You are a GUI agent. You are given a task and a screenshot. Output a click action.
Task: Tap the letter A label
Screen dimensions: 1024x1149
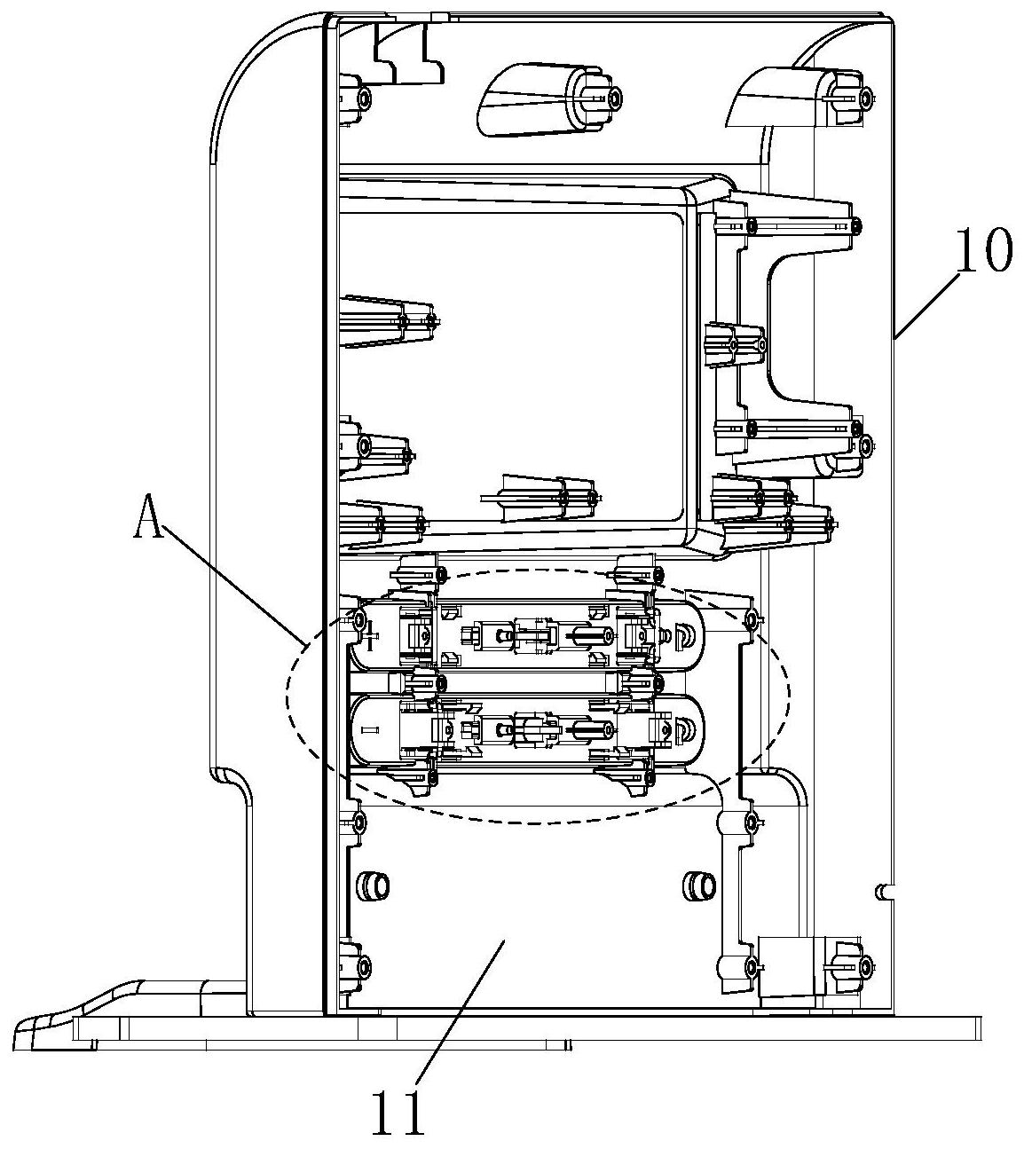pos(148,515)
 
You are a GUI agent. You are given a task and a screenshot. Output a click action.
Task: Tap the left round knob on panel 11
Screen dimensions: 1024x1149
pos(373,885)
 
